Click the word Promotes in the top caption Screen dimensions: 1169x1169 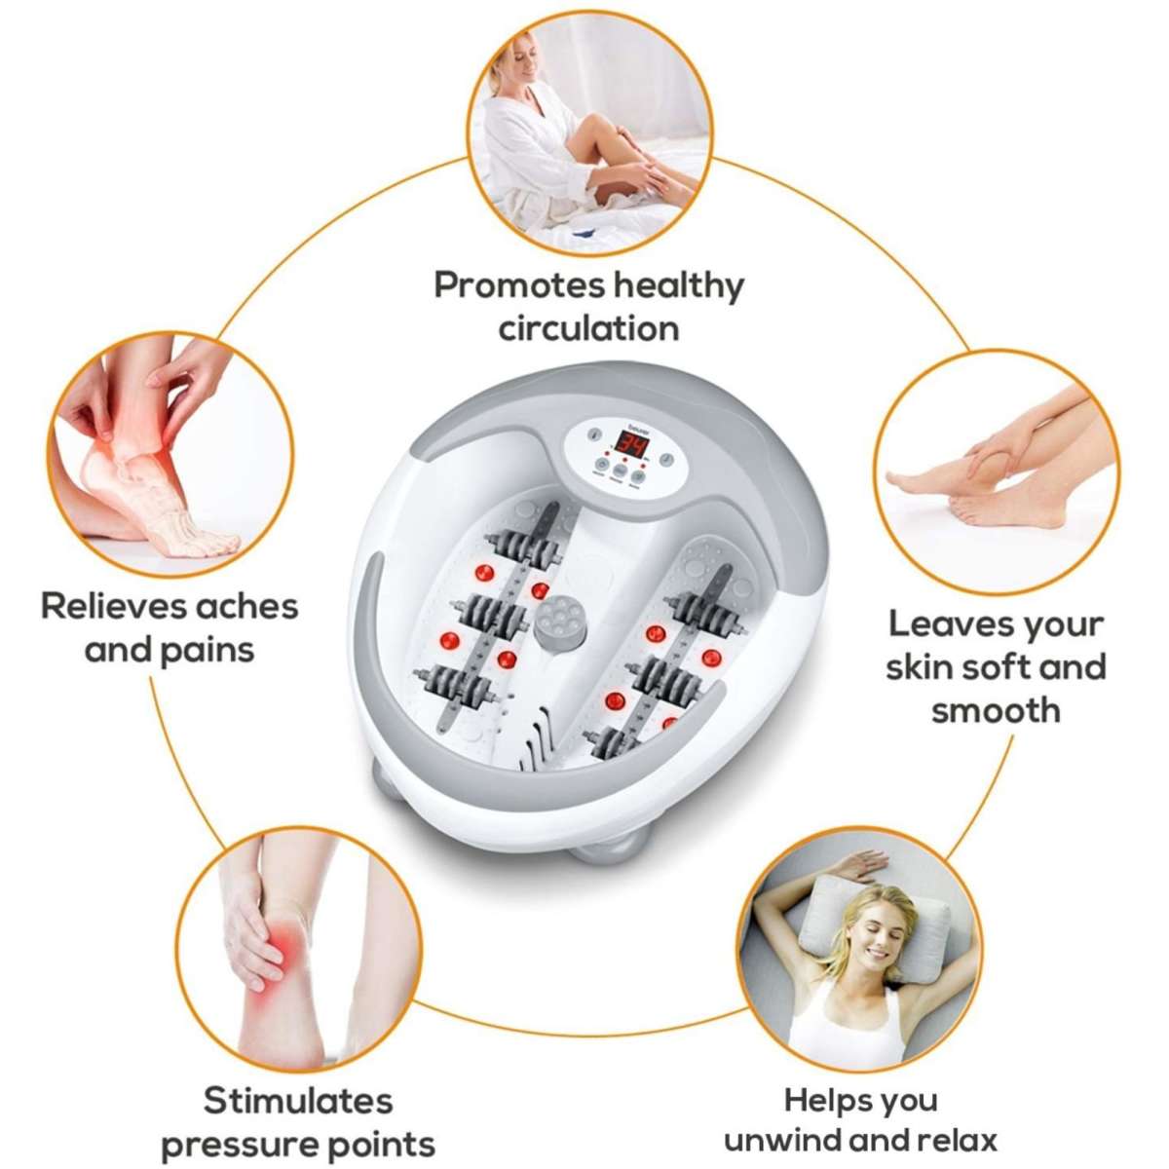(519, 285)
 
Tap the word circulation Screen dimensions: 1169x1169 (588, 328)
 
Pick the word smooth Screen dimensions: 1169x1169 (995, 710)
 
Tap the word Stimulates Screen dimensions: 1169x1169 (297, 1101)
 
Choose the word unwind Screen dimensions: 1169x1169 (783, 1141)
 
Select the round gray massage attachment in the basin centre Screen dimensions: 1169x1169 (557, 623)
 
